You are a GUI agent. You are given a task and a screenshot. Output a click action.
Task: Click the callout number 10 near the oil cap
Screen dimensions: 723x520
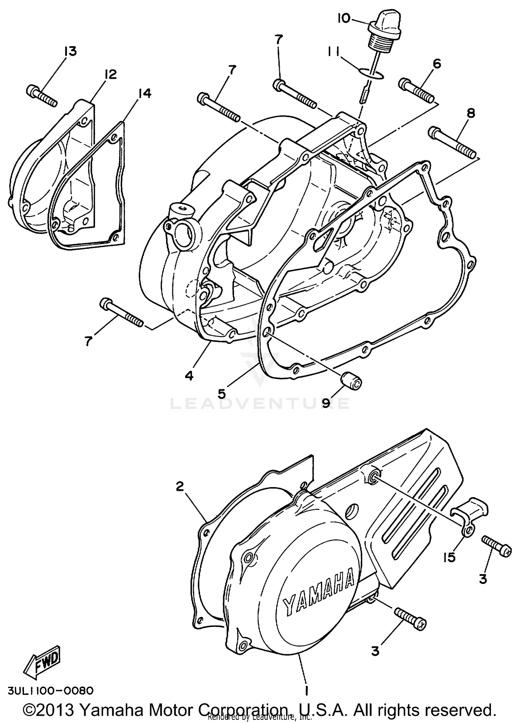click(344, 18)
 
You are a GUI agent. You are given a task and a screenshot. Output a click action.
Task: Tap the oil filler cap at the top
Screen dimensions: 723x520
click(385, 30)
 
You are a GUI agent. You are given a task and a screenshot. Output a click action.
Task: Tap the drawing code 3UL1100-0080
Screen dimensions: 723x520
click(49, 690)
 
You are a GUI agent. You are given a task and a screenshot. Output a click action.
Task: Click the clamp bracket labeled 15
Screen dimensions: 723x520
click(469, 516)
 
